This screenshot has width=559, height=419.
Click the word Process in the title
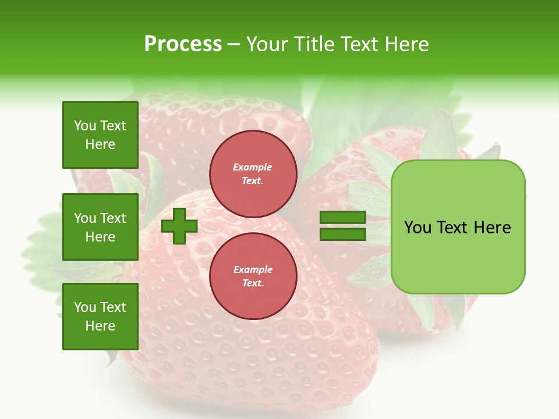tap(183, 44)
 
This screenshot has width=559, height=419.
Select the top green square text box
tap(100, 135)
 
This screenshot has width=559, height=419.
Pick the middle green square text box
tap(100, 227)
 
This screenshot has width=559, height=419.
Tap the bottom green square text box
tap(100, 317)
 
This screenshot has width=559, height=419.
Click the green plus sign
tap(179, 226)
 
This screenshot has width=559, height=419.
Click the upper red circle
tap(253, 174)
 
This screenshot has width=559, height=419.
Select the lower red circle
tap(253, 276)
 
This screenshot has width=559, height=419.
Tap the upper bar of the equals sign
tap(342, 218)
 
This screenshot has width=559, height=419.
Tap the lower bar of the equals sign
tap(342, 235)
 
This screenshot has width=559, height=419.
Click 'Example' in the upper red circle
tap(253, 168)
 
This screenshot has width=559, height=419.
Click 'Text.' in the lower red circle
tap(253, 283)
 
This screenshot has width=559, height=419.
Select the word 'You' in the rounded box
tap(418, 228)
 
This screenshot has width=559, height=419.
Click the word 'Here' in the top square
tap(100, 144)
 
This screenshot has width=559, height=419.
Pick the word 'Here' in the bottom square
tap(100, 326)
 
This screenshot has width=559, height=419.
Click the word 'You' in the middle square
tap(85, 218)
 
